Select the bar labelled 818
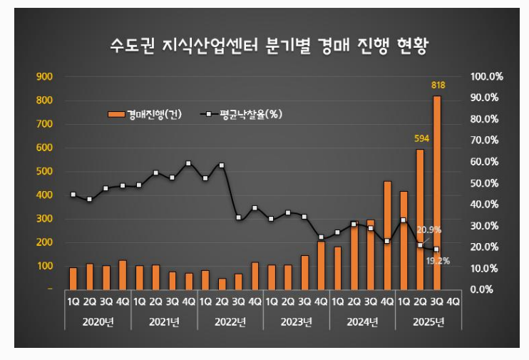(x=437, y=192)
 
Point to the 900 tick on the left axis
(x=44, y=76)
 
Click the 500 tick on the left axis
(x=44, y=171)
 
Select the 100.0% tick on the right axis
(x=488, y=76)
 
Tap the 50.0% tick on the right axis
(x=488, y=183)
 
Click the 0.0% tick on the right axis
(x=488, y=289)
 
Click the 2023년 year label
(x=297, y=322)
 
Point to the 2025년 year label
(x=429, y=322)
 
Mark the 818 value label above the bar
(x=438, y=86)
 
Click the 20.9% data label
(x=430, y=230)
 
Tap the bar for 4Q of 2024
(x=387, y=235)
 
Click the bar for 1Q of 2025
(x=404, y=240)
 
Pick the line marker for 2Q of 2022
(x=222, y=165)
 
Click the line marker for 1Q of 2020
(x=73, y=195)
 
